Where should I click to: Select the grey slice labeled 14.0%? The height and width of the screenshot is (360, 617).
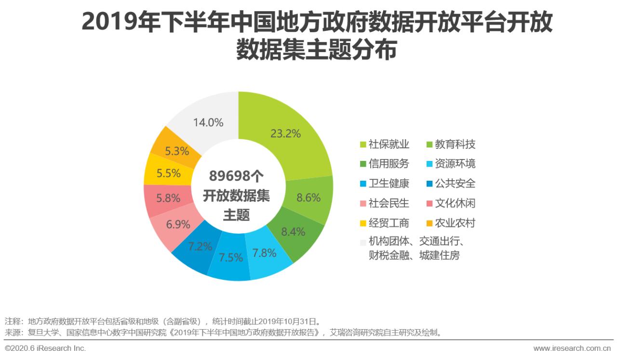pyautogui.click(x=208, y=122)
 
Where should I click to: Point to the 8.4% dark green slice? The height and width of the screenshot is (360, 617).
pyautogui.click(x=293, y=231)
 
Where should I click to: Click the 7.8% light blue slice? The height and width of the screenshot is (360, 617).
pyautogui.click(x=265, y=253)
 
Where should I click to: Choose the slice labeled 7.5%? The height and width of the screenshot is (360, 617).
pyautogui.click(x=230, y=257)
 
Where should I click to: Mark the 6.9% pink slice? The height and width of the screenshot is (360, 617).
pyautogui.click(x=177, y=224)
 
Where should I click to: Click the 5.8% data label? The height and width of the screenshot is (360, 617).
pyautogui.click(x=169, y=198)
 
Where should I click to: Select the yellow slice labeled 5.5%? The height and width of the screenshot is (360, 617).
pyautogui.click(x=169, y=173)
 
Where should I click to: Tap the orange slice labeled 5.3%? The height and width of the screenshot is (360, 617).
pyautogui.click(x=176, y=151)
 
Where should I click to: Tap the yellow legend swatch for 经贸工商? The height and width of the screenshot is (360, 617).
pyautogui.click(x=363, y=224)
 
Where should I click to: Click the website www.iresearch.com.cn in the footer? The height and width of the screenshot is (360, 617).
pyautogui.click(x=572, y=348)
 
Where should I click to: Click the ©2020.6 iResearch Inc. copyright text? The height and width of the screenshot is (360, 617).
pyautogui.click(x=45, y=348)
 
